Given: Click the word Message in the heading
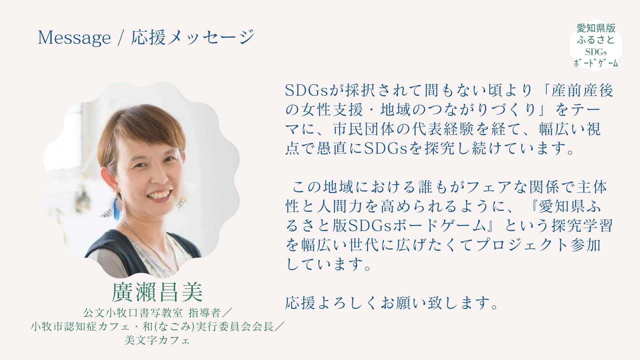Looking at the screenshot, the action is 74,38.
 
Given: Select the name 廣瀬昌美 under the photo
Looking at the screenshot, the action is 157,292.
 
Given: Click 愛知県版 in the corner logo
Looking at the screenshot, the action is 596,28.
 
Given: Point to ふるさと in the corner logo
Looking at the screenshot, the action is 596,40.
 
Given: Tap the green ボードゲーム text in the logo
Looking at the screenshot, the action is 596,63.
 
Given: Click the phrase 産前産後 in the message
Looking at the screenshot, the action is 582,90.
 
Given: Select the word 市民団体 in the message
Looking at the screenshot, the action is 364,129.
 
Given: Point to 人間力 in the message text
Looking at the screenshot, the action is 340,207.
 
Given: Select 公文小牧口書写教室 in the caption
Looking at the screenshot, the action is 133,313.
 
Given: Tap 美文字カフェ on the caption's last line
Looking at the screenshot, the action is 157,340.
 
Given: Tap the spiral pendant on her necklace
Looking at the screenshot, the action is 137,247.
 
